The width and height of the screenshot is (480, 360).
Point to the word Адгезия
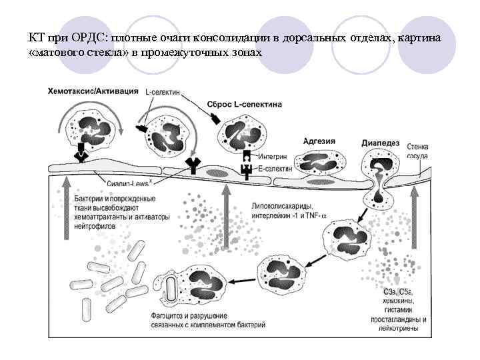click(x=319, y=141)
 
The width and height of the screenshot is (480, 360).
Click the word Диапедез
click(x=380, y=143)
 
